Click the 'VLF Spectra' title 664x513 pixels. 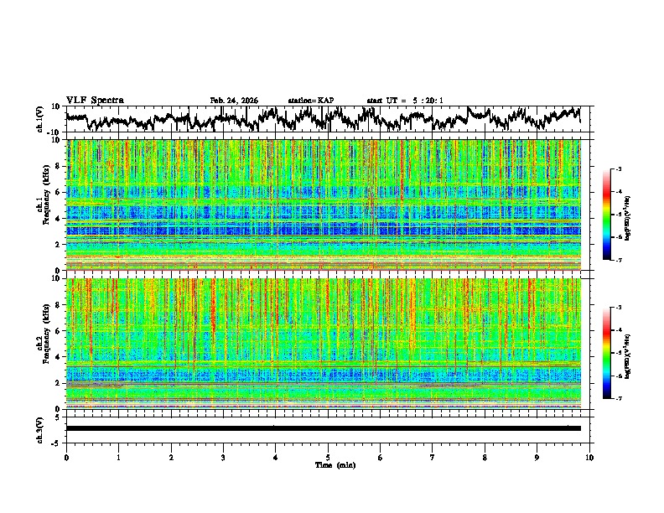click(95, 101)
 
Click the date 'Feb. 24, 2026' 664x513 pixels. click(234, 101)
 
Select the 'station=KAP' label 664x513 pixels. click(311, 101)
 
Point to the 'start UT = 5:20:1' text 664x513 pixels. click(405, 101)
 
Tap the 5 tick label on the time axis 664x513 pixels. click(328, 457)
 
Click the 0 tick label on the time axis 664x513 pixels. click(66, 457)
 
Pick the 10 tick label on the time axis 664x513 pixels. click(590, 457)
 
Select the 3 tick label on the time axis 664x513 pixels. click(223, 457)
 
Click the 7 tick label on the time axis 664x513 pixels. click(433, 457)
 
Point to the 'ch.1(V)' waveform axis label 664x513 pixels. click(39, 119)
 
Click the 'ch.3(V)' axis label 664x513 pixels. click(39, 428)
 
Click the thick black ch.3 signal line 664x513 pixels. click(323, 428)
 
